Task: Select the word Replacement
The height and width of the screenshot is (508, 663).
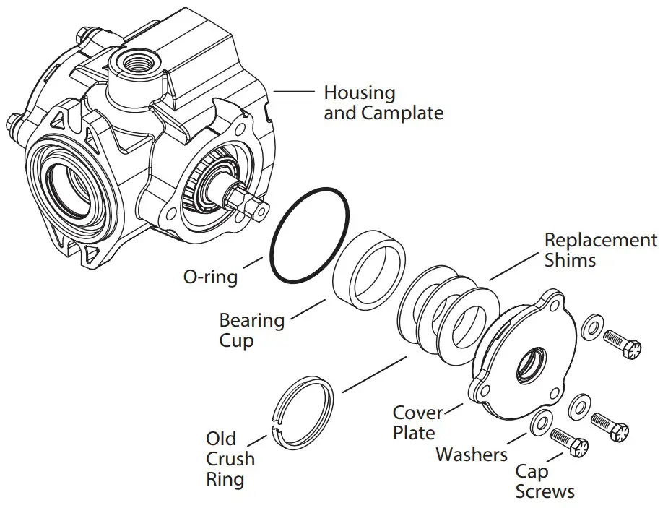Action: [x=601, y=240]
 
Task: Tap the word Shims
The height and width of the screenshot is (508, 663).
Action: [x=571, y=260]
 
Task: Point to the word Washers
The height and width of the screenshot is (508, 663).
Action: [x=472, y=455]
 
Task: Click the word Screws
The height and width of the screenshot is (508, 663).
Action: [x=545, y=491]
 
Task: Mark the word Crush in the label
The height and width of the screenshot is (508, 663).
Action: [x=230, y=459]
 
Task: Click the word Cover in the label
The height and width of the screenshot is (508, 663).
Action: [x=417, y=413]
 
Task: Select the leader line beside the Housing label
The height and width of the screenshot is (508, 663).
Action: [x=293, y=92]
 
